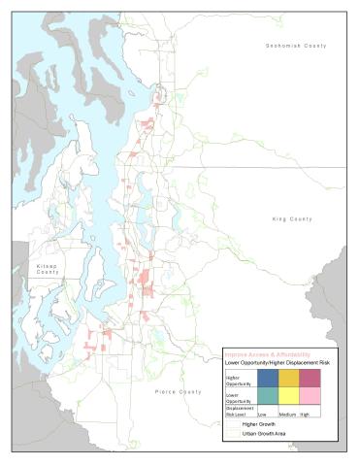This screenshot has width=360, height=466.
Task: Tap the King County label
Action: pyautogui.click(x=292, y=219)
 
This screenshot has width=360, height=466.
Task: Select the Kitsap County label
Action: pyautogui.click(x=48, y=268)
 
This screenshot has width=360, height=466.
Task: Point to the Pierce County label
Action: pyautogui.click(x=178, y=391)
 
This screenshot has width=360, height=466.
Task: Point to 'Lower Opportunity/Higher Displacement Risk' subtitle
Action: pyautogui.click(x=278, y=362)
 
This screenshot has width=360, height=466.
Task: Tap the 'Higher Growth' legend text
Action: pyautogui.click(x=258, y=425)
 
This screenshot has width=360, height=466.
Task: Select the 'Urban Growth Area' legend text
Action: pyautogui.click(x=263, y=434)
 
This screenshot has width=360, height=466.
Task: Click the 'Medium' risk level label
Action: pyautogui.click(x=289, y=413)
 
